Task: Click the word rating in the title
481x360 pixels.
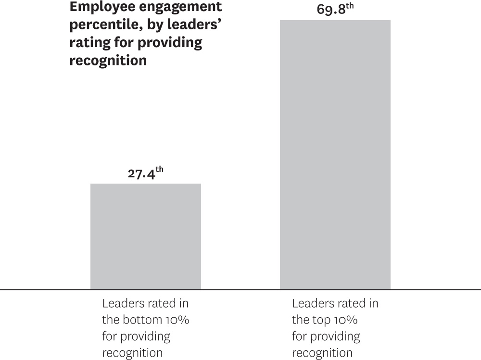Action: pos(86,43)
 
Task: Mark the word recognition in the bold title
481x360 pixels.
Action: pos(108,61)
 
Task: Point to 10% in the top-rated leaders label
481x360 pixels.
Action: pos(347,320)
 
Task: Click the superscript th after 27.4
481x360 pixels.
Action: pos(159,169)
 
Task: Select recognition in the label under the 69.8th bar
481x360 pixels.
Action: pos(322,353)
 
